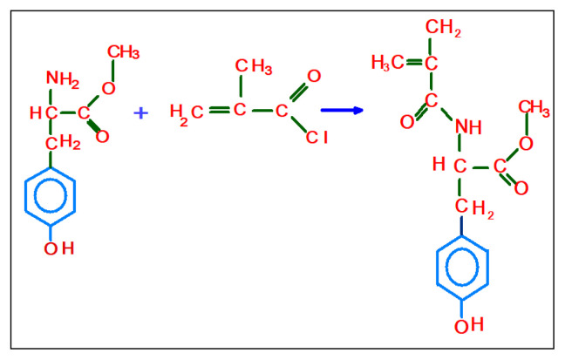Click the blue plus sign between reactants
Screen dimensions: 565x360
tap(141, 111)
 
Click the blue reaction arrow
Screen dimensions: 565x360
tap(342, 110)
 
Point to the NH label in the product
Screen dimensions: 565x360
tap(468, 127)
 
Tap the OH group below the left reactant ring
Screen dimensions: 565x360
tap(60, 248)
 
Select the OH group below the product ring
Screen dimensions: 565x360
tap(467, 325)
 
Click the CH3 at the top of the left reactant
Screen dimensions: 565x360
tap(123, 52)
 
